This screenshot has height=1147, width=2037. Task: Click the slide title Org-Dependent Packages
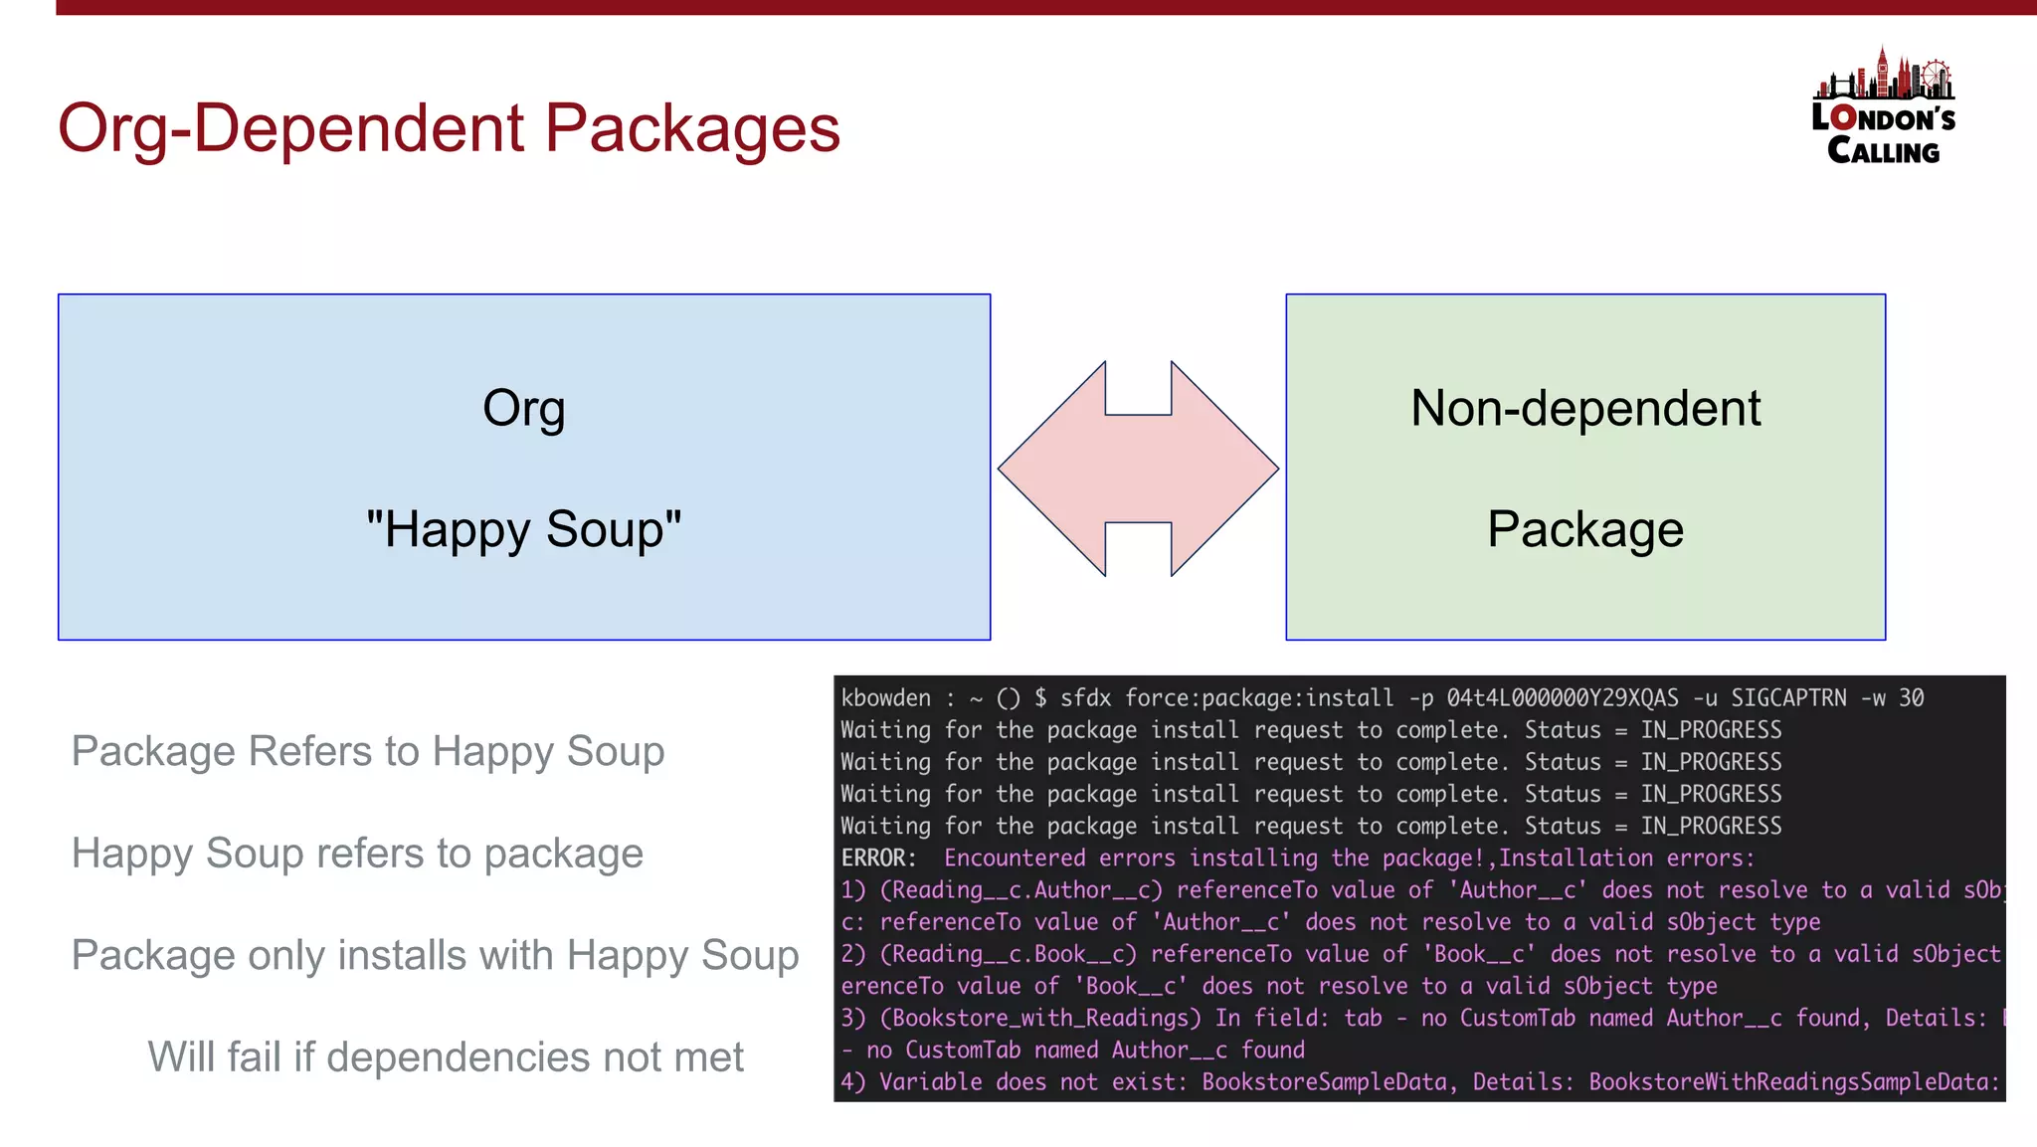click(449, 128)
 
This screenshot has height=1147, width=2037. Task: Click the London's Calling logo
click(1883, 107)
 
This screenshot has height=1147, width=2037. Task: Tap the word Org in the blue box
click(523, 408)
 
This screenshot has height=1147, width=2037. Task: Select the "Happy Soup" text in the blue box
click(523, 528)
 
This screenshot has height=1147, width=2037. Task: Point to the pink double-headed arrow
click(1138, 468)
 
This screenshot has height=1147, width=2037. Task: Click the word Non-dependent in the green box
click(1585, 408)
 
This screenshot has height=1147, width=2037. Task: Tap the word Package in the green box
click(1585, 528)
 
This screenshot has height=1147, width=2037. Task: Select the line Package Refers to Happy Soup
click(368, 751)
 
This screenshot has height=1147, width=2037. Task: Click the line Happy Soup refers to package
click(357, 854)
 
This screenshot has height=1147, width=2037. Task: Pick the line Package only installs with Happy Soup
click(435, 955)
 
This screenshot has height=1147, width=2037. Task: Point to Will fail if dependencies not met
click(446, 1056)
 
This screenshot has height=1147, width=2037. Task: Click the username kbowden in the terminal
click(886, 698)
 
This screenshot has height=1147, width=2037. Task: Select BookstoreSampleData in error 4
click(1325, 1081)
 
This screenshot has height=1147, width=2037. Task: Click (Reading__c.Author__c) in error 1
click(1021, 890)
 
